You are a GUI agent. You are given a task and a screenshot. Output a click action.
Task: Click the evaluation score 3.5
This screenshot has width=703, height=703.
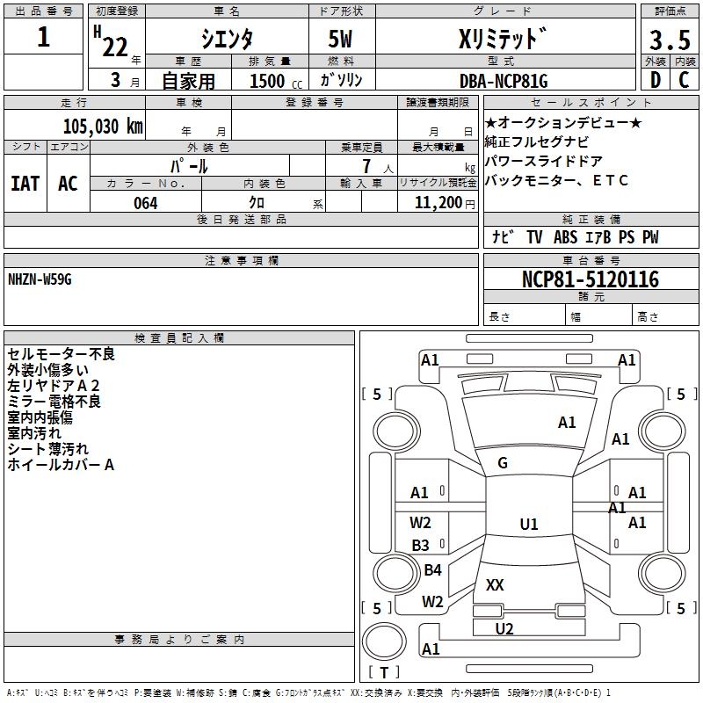[x=669, y=40]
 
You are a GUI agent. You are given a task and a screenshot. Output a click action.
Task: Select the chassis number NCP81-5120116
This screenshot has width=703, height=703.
[x=590, y=279]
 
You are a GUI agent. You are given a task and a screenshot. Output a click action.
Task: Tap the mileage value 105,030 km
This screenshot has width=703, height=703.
[x=103, y=126]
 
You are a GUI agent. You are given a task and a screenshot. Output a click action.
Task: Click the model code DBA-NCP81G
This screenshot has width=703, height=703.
[x=503, y=81]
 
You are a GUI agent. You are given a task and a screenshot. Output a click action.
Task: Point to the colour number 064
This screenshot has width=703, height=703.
[x=145, y=203]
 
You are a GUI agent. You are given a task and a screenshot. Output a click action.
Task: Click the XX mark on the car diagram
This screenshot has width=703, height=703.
[x=495, y=584]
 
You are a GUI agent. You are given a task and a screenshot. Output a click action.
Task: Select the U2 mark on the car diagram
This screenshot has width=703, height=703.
[x=504, y=628]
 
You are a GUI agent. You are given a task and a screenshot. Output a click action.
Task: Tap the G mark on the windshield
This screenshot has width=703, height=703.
[x=503, y=463]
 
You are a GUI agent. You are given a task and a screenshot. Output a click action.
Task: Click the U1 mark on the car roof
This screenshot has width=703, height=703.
[x=528, y=525]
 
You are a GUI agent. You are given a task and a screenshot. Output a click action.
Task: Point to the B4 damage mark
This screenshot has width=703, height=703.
[x=432, y=570]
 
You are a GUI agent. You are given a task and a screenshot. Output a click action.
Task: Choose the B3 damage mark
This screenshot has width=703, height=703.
[x=421, y=545]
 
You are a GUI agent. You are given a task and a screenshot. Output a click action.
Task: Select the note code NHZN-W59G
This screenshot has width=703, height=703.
[x=40, y=279]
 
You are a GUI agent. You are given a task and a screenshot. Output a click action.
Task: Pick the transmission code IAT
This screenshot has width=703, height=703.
[x=25, y=184]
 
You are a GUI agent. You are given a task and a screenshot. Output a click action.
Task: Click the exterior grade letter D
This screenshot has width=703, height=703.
[x=654, y=80]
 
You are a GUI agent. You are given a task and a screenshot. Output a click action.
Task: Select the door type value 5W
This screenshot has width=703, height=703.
[x=341, y=40]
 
